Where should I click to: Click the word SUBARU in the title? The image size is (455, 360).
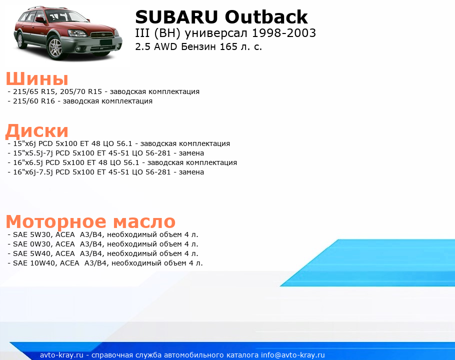coord(176,17)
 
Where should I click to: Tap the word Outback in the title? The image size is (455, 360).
coord(266,17)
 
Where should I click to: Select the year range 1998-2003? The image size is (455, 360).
coord(283,33)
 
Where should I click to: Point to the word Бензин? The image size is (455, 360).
coord(199,46)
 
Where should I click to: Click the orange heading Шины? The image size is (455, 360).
coord(37,78)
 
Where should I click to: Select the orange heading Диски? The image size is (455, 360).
coord(37,131)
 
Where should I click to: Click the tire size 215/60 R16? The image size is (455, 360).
coord(34,101)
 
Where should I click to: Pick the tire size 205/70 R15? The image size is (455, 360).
coord(81,91)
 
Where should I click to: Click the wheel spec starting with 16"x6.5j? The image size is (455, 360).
coord(125,162)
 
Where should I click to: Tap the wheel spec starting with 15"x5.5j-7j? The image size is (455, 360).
coord(108,153)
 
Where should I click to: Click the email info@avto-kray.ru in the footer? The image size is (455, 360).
coord(293,355)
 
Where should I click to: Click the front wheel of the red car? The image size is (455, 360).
coord(55,47)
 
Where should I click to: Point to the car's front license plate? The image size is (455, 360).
coord(105,42)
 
